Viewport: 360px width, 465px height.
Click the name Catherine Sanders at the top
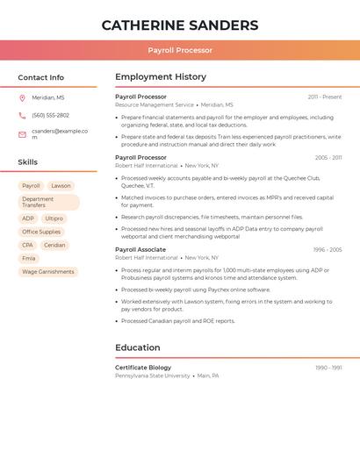(x=180, y=25)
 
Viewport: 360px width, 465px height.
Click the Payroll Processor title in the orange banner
(x=180, y=50)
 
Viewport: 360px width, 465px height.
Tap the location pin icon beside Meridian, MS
(x=22, y=98)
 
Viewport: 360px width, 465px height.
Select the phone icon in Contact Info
(x=22, y=115)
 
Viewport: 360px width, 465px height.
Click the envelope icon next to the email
(x=22, y=134)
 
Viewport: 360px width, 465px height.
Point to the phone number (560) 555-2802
(x=50, y=115)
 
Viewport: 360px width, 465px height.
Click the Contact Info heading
(x=41, y=77)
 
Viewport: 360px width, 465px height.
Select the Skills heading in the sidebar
(x=28, y=162)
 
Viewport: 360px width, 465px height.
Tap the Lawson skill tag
(x=61, y=186)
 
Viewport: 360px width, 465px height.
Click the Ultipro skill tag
(x=54, y=218)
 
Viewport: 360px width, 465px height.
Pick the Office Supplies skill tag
(x=41, y=232)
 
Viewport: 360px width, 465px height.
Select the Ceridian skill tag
(x=54, y=245)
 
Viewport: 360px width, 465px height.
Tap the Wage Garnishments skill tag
(x=48, y=272)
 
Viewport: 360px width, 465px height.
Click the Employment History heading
(x=161, y=77)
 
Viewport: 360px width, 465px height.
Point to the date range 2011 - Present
(x=325, y=97)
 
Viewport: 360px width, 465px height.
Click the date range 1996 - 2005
(x=327, y=249)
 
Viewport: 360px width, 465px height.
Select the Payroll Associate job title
(x=140, y=249)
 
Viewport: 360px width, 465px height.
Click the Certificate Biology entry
(x=143, y=368)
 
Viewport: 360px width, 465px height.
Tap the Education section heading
(x=138, y=347)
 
